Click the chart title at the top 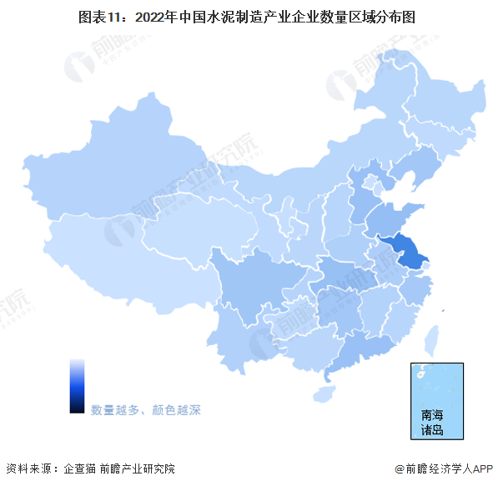tap(247, 17)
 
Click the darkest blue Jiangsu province tap(405, 251)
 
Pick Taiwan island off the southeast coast tap(432, 341)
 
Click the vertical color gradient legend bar tap(77, 385)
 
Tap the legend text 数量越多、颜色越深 tap(146, 410)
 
